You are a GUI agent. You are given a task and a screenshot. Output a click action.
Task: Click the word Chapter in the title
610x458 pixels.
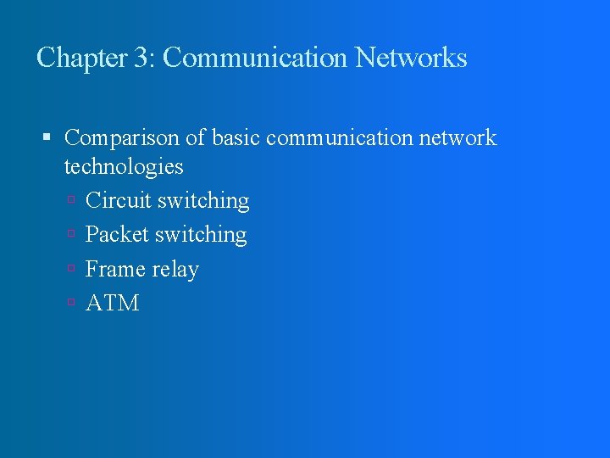coord(81,58)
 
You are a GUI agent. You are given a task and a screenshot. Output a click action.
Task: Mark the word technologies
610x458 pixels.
coord(124,165)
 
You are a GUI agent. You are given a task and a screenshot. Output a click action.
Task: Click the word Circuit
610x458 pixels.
coord(119,201)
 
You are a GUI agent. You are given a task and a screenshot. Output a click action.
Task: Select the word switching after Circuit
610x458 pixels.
coord(203,202)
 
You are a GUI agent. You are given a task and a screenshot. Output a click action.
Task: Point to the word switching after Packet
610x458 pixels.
coord(201,236)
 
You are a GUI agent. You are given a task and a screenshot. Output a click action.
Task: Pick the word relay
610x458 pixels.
coord(176,271)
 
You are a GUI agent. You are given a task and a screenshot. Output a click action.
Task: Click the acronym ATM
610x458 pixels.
coord(112,304)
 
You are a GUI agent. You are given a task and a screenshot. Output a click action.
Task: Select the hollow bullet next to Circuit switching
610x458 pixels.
coord(74,202)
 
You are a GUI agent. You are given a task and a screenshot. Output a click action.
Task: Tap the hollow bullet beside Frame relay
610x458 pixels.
coord(74,270)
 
